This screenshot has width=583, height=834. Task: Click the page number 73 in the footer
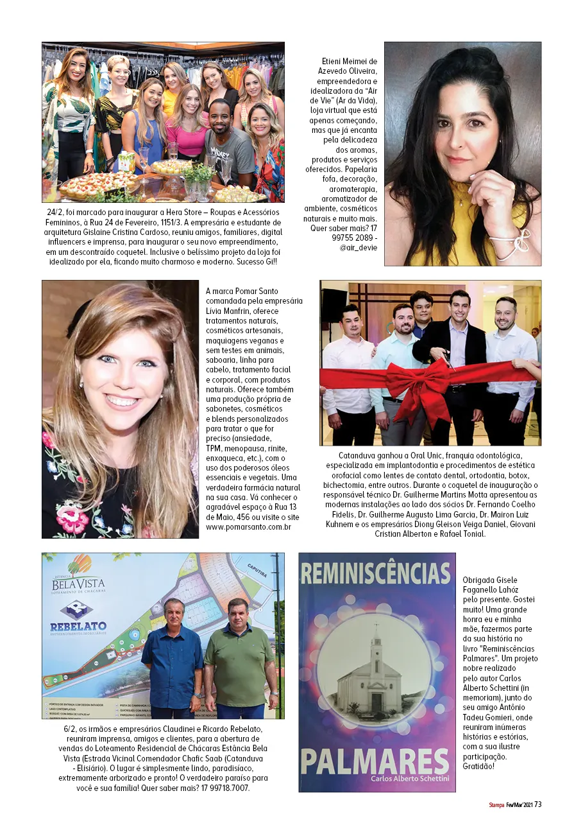(x=538, y=804)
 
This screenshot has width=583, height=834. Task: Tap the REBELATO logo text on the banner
(x=78, y=626)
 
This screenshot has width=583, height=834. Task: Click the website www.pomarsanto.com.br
(x=249, y=527)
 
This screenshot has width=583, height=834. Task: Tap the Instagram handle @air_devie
(x=359, y=247)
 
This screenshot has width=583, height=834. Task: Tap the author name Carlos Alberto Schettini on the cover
(x=408, y=778)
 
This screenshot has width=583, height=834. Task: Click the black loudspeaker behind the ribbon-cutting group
(x=334, y=306)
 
